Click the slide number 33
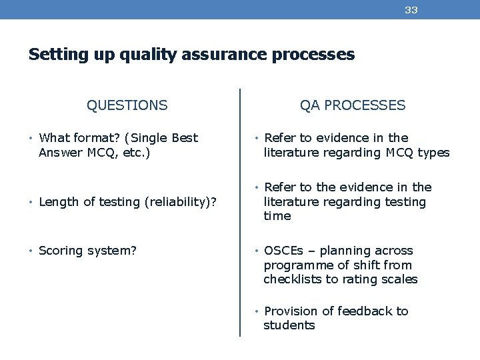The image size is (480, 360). point(411,10)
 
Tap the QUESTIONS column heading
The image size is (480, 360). point(127,105)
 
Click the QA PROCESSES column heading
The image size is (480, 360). point(353,105)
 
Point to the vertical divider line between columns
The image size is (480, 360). point(240,213)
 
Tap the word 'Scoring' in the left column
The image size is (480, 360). point(61,251)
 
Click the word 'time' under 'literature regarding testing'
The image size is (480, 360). point(277,216)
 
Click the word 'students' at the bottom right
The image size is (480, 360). point(289,325)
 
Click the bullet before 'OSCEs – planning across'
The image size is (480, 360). point(257,251)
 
